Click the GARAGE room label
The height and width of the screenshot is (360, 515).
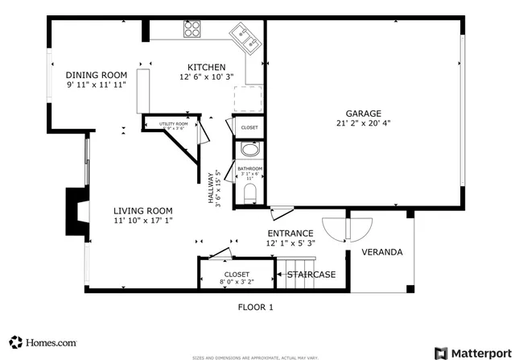364,114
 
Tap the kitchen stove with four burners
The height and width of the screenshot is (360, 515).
193,30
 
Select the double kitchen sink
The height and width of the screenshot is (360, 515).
245,35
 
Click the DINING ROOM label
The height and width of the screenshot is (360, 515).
97,74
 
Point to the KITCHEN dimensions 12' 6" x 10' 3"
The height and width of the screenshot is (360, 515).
206,77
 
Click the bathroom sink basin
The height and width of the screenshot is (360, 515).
249,151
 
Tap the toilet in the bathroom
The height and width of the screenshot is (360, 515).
249,192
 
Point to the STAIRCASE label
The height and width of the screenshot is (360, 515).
311,275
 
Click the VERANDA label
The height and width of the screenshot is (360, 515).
381,252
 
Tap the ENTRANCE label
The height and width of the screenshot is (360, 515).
290,234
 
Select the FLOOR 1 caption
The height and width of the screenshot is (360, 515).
256,307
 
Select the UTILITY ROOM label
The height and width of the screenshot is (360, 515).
172,123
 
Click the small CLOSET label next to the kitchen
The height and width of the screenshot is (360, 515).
249,127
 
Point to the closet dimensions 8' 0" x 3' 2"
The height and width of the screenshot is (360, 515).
237,283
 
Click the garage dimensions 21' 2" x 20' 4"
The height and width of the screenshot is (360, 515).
364,123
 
